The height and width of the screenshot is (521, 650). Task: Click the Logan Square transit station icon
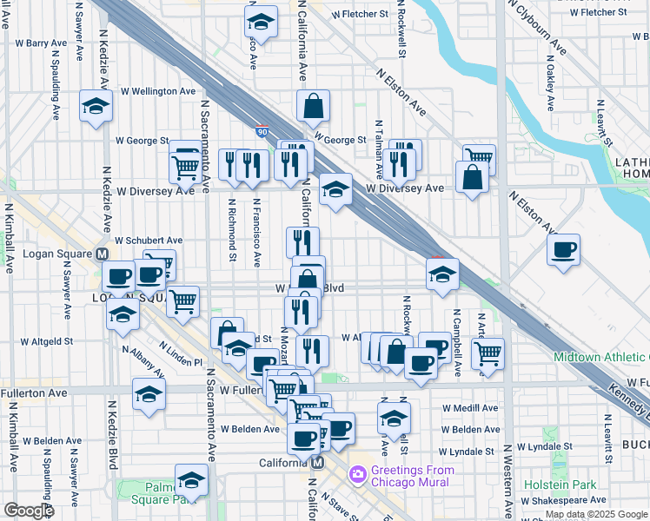102,254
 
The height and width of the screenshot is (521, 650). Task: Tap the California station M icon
318,463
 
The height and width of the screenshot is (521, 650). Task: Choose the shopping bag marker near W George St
313,107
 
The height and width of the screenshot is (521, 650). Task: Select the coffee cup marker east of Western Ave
564,251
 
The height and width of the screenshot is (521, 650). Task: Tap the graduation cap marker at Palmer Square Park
191,480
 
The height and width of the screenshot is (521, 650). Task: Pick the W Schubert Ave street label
149,241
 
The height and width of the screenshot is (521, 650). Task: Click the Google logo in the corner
29,511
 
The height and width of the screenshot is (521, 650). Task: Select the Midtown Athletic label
600,357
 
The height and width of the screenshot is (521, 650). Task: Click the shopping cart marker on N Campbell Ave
488,353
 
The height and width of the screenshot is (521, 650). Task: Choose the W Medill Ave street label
469,407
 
